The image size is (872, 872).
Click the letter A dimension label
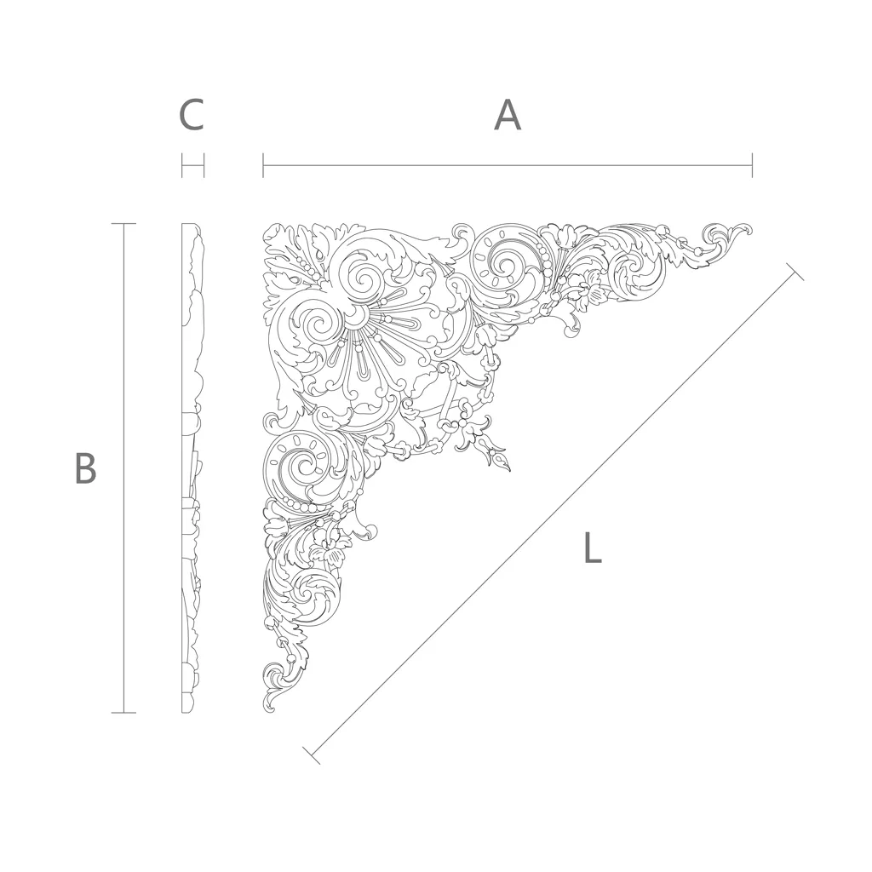pyautogui.click(x=508, y=115)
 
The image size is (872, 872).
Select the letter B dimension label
pyautogui.click(x=86, y=468)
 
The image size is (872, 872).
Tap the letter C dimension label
pyautogui.click(x=192, y=115)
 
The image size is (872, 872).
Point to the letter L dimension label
pyautogui.click(x=593, y=548)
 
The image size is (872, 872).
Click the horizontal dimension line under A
pyautogui.click(x=508, y=165)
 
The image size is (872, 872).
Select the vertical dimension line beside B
pyautogui.click(x=123, y=468)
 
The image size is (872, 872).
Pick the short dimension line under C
pyautogui.click(x=193, y=165)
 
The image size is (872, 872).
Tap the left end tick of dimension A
pyautogui.click(x=263, y=165)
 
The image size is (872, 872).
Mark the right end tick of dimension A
pyautogui.click(x=753, y=165)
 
